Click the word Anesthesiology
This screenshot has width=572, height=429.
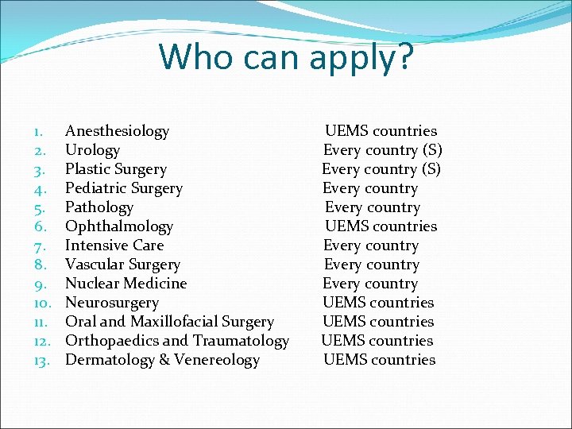(x=117, y=131)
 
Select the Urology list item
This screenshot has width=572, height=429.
(x=92, y=150)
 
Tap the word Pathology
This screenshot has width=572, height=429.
(x=99, y=207)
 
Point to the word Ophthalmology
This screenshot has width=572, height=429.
(x=118, y=226)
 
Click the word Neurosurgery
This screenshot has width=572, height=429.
(x=112, y=303)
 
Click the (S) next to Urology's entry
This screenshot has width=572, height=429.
(x=432, y=150)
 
